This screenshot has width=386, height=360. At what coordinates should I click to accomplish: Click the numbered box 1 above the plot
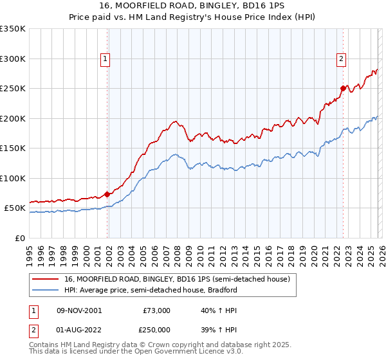(x=106, y=59)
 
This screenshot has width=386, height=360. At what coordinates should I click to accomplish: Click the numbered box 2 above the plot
(x=341, y=59)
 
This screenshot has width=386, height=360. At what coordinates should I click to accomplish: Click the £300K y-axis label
(x=13, y=59)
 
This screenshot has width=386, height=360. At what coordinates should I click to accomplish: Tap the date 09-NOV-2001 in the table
(x=79, y=310)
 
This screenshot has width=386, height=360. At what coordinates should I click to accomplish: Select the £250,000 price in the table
(x=156, y=329)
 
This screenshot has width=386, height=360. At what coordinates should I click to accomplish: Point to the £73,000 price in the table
(x=156, y=310)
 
